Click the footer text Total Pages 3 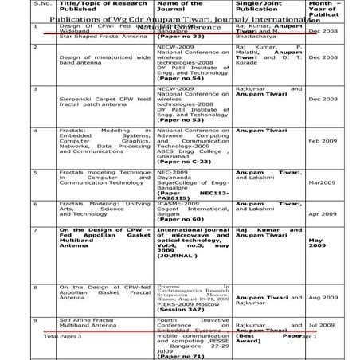(x=63, y=337)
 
